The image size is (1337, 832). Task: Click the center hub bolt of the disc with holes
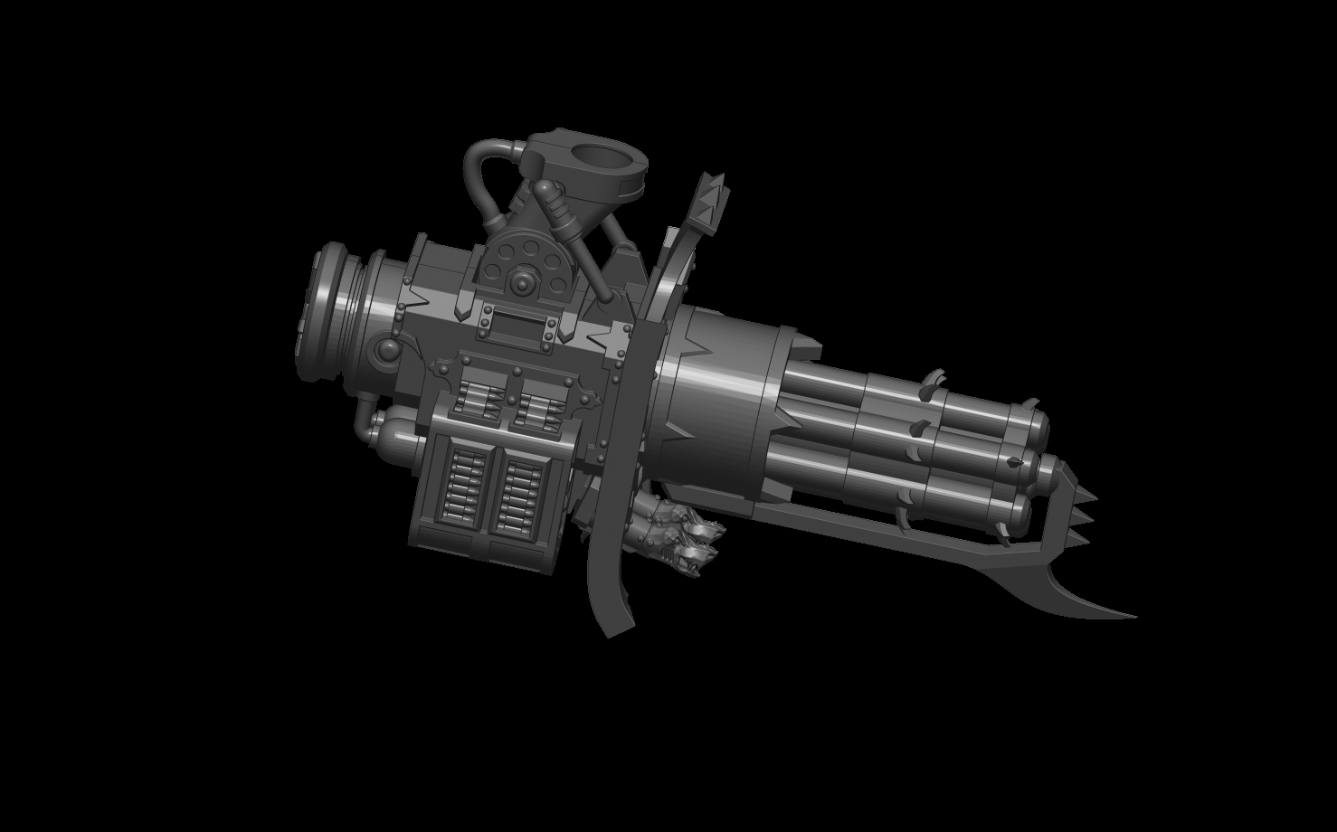[x=523, y=282]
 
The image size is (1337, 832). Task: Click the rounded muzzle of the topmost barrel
[x=1037, y=422]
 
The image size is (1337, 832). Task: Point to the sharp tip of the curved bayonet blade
[x=1133, y=616]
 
